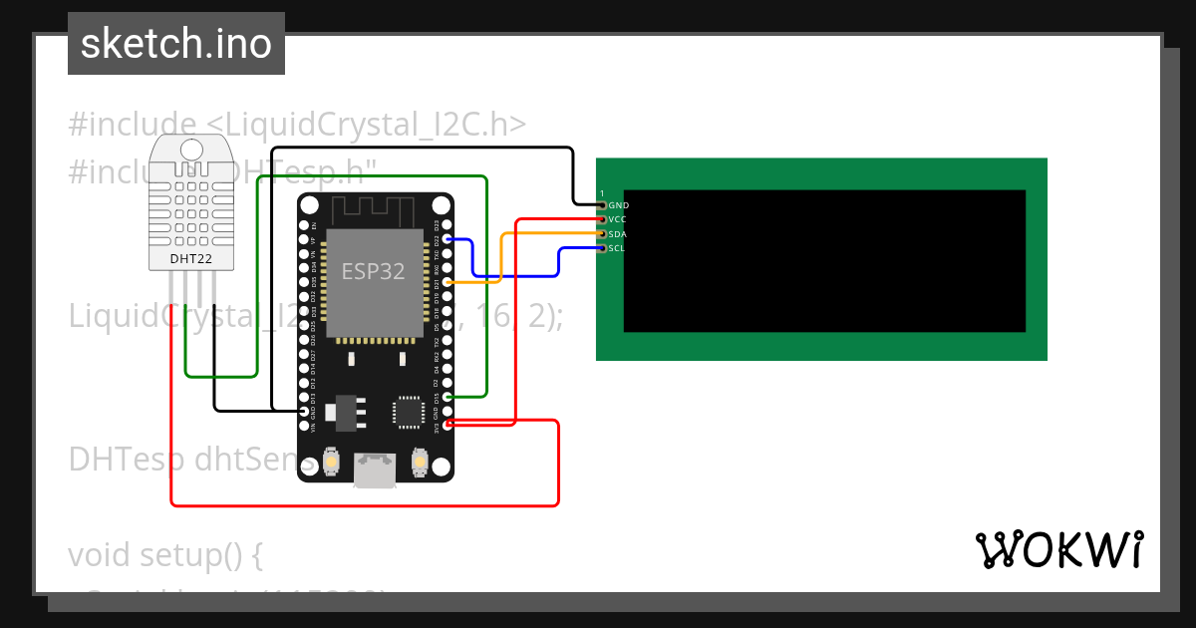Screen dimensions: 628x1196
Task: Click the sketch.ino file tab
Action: click(x=176, y=44)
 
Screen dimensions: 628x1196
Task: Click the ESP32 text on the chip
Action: click(x=373, y=271)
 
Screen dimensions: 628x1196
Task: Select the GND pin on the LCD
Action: click(x=602, y=204)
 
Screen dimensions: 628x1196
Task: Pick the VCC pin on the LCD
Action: click(x=602, y=219)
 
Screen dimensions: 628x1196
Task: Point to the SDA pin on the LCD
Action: click(x=602, y=234)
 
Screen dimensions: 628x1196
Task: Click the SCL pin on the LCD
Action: click(x=602, y=248)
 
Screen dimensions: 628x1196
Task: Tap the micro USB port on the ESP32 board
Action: click(x=374, y=471)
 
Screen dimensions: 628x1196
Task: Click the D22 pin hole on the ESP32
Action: click(x=447, y=240)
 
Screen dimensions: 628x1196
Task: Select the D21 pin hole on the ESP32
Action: click(x=447, y=283)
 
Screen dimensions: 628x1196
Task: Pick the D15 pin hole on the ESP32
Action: click(x=447, y=397)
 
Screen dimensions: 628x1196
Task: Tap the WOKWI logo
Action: click(x=1058, y=549)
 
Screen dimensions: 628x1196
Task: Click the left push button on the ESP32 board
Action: click(x=332, y=463)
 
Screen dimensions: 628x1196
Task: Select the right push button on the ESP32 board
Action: click(x=419, y=463)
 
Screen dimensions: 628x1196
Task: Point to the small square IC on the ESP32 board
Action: click(x=409, y=411)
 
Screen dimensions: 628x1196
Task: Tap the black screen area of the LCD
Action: click(x=824, y=261)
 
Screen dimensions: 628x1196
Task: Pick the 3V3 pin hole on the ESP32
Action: click(x=447, y=425)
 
